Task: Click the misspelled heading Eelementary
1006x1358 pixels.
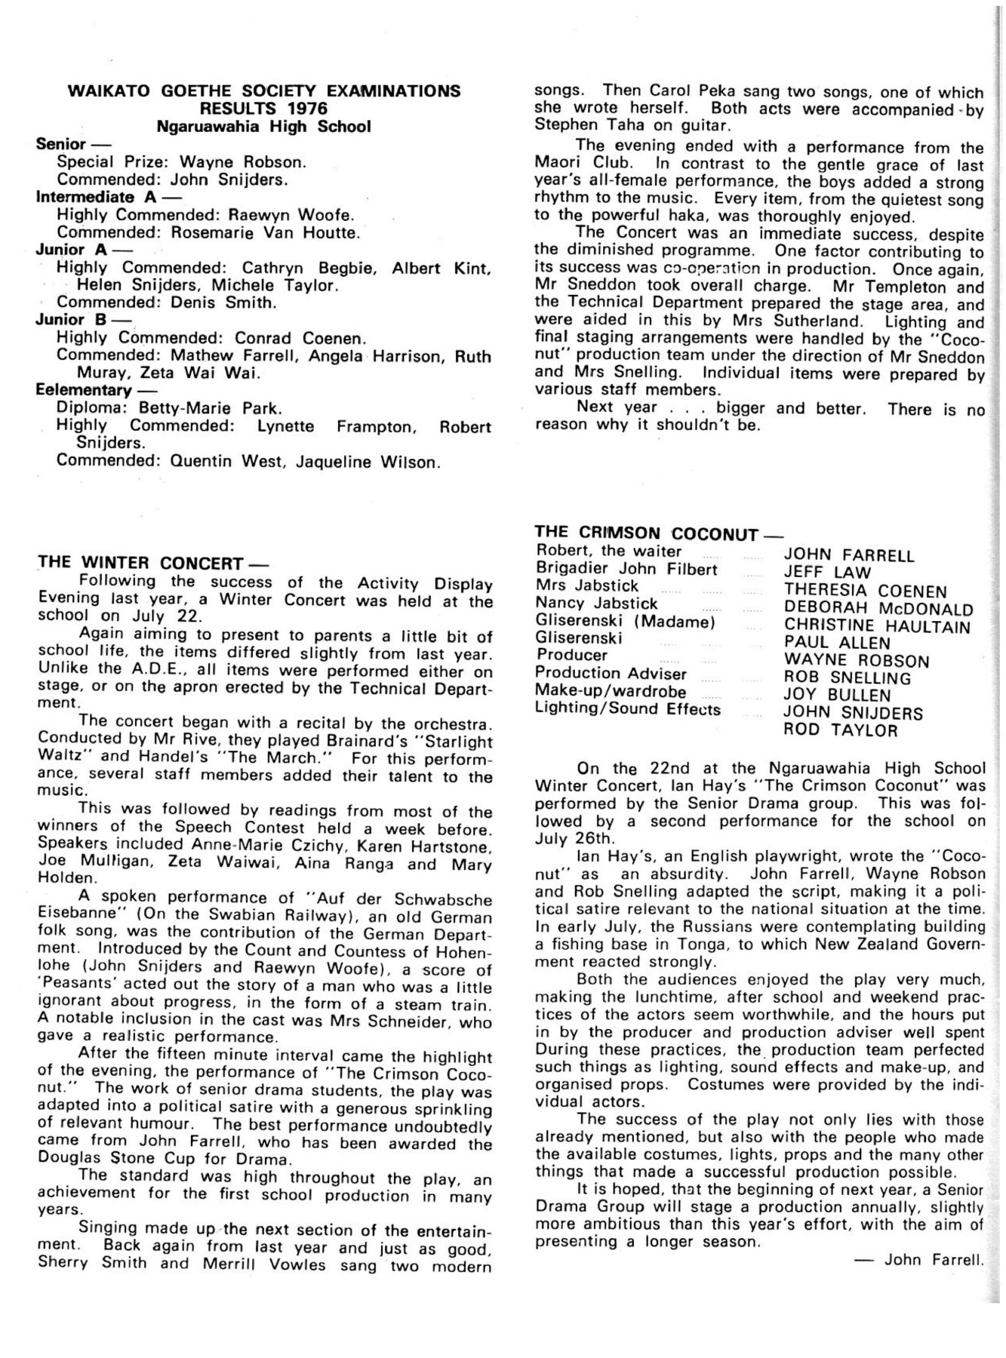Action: (83, 390)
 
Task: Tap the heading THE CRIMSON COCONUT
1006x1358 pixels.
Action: (646, 533)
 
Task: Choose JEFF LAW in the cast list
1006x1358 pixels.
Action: (827, 573)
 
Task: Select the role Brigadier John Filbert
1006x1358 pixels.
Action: (626, 569)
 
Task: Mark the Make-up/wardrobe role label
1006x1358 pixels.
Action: (611, 691)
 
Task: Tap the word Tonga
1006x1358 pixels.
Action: (712, 945)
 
